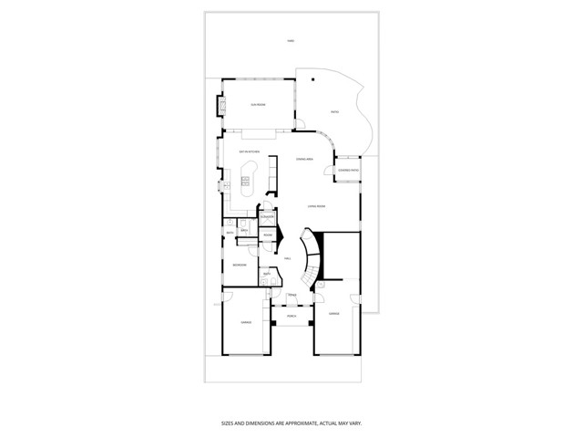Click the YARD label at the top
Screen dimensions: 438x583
point(291,41)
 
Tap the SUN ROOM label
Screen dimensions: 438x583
point(259,105)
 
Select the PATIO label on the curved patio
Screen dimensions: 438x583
point(334,113)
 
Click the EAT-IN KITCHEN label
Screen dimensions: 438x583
point(250,151)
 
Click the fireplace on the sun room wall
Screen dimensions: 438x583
point(219,107)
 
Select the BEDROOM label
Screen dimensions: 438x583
point(238,265)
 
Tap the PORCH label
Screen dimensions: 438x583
point(291,316)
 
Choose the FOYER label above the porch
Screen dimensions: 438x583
point(291,296)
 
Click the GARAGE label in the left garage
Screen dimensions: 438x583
point(246,322)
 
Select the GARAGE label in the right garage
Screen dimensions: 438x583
point(333,313)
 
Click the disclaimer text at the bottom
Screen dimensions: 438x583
point(291,422)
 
